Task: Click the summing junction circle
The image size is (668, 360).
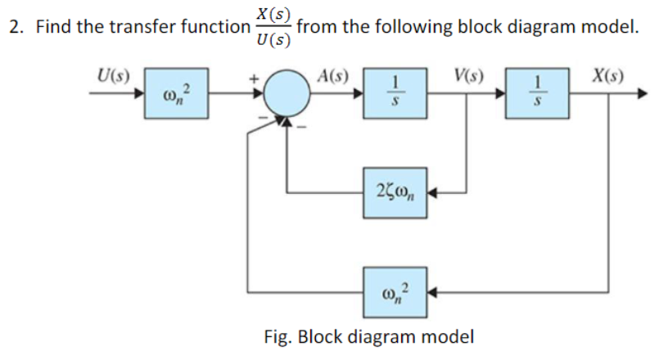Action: [286, 93]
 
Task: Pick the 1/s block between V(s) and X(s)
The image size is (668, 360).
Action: [537, 93]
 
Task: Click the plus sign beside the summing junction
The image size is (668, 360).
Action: [255, 78]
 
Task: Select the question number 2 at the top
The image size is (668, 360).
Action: [13, 26]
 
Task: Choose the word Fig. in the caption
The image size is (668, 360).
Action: [278, 336]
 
